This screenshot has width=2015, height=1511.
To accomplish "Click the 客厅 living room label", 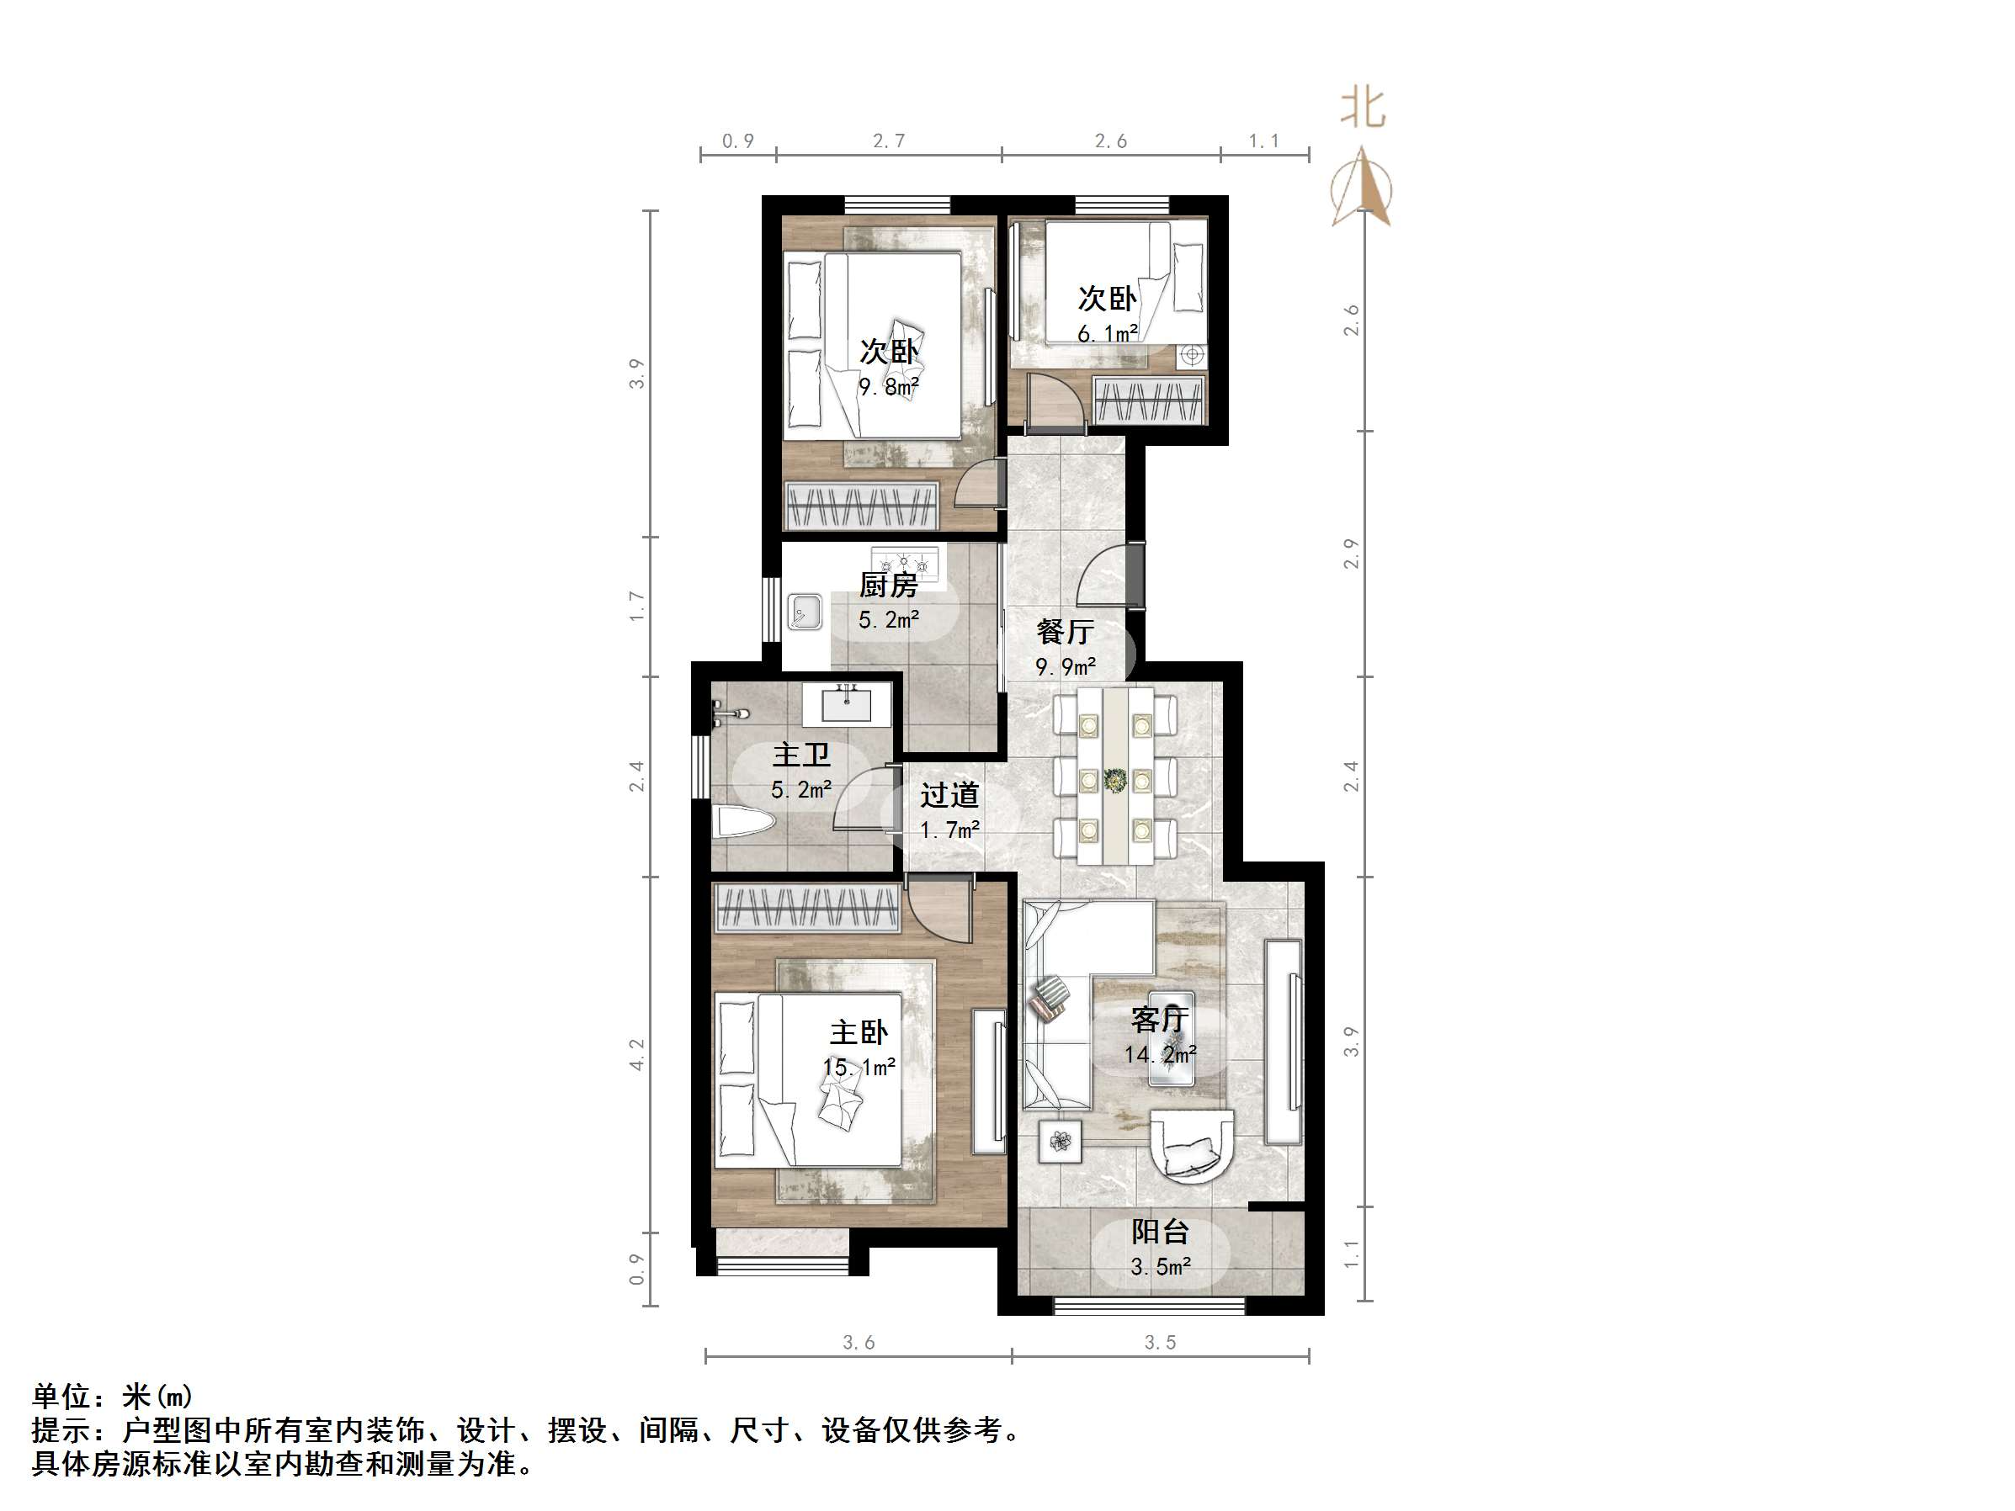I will click(1160, 1018).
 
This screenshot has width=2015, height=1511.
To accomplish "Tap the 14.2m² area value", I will click(1160, 1055).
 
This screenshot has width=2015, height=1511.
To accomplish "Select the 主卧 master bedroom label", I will click(859, 1032).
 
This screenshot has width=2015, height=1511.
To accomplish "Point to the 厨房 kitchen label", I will click(888, 585).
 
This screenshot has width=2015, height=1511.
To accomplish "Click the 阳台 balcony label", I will click(1160, 1232).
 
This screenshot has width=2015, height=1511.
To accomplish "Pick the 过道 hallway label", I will click(949, 795).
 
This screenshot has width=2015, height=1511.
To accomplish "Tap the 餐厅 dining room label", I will click(1065, 631).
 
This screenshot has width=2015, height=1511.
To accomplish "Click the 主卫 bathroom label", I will click(800, 754).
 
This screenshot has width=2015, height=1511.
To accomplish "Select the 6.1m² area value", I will click(1107, 334).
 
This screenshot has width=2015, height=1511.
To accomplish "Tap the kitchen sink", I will click(805, 611).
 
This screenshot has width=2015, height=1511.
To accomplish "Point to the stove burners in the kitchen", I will click(904, 563).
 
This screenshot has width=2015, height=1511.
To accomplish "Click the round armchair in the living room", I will click(1192, 1145).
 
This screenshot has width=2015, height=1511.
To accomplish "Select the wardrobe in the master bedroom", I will click(807, 908).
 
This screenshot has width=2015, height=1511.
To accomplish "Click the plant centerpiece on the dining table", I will click(1114, 780).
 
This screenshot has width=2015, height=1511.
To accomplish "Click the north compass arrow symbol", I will click(1362, 189).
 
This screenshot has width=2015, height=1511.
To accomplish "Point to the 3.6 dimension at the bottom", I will click(859, 1343).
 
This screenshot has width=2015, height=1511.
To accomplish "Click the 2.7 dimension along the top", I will click(888, 141).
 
